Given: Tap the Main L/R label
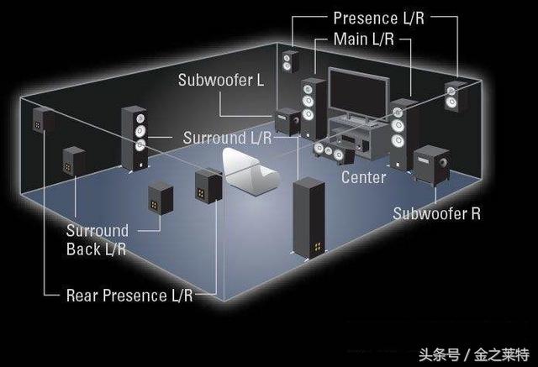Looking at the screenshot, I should [x=363, y=39].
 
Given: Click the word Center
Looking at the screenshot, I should [x=363, y=177].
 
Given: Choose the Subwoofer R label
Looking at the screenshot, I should [x=436, y=213].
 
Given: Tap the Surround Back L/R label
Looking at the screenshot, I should [x=97, y=239].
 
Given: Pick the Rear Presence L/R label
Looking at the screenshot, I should [x=129, y=295].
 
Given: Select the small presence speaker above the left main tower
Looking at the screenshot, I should [x=290, y=61].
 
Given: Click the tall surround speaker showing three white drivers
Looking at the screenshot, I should [x=134, y=139].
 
